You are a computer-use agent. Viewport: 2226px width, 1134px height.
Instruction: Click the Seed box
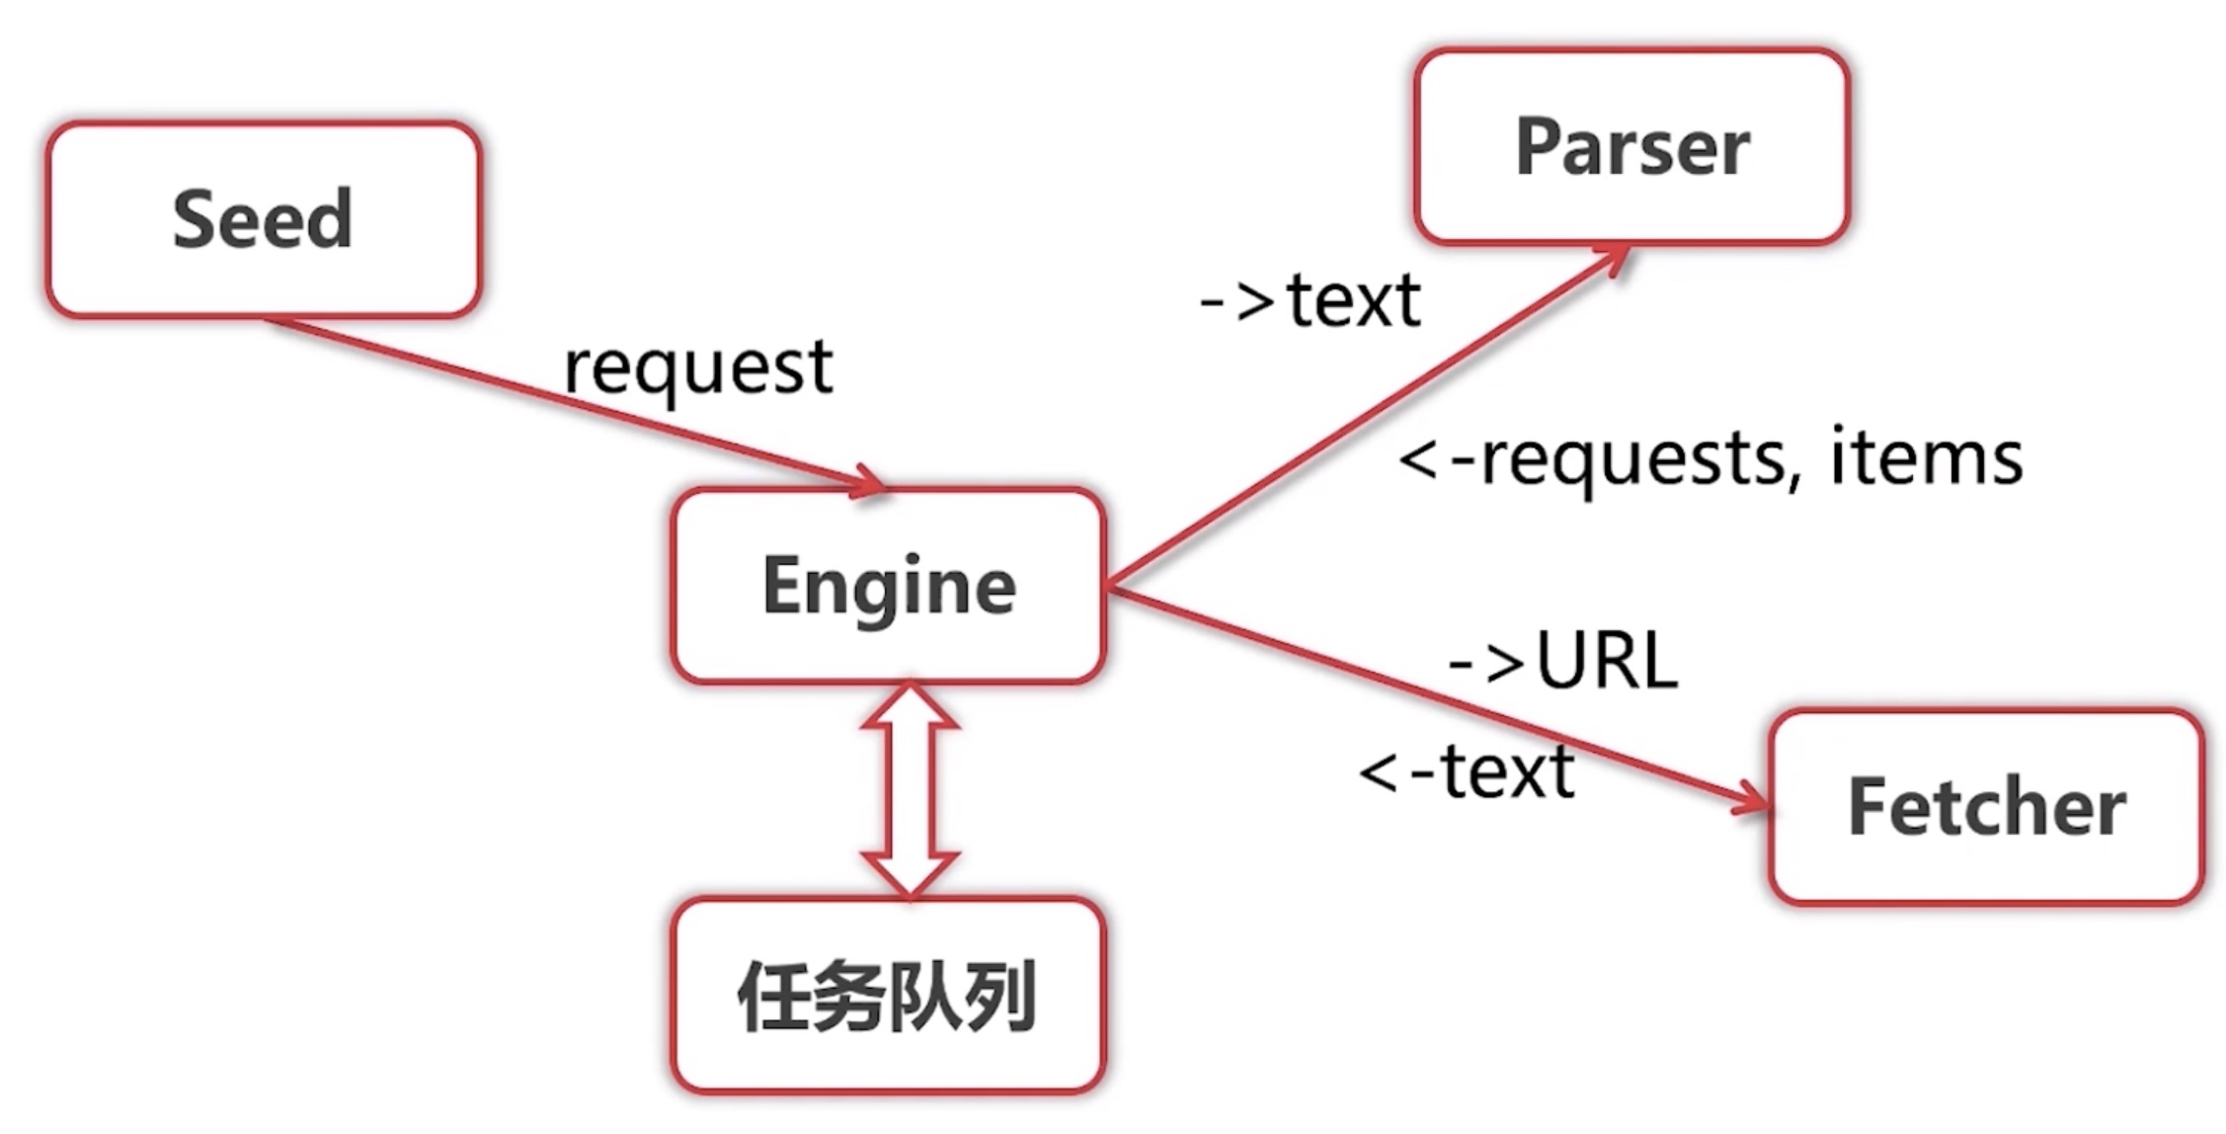point(263,219)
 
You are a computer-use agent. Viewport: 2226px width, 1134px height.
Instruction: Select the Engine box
point(888,585)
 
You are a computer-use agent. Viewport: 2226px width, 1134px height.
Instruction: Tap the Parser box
point(1631,146)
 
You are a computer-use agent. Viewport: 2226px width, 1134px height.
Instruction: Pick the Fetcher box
point(1986,806)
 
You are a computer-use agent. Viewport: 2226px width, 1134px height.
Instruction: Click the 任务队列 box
point(888,996)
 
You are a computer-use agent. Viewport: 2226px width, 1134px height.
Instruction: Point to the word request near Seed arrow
point(697,367)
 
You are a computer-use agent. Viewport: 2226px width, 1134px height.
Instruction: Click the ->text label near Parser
point(1310,300)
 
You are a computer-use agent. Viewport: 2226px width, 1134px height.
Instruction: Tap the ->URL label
point(1562,661)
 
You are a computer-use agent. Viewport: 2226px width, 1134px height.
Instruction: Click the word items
point(1926,458)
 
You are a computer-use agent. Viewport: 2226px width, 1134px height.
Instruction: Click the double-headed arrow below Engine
point(910,790)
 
